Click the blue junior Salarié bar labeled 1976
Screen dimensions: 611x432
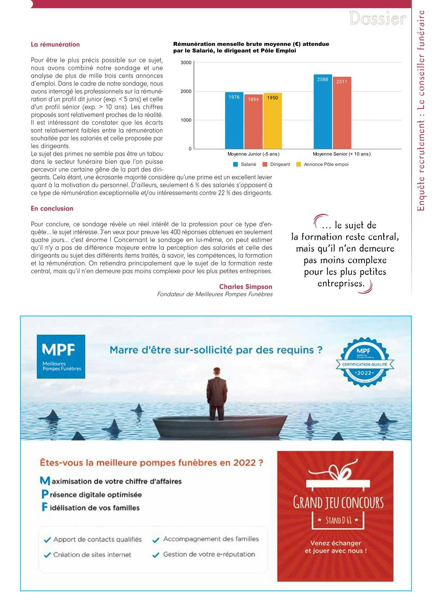click(234, 121)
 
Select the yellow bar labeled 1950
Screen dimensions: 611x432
click(273, 121)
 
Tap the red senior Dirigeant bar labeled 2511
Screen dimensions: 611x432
click(342, 113)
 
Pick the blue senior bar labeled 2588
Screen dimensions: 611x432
click(323, 111)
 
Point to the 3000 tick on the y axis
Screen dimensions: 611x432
click(186, 63)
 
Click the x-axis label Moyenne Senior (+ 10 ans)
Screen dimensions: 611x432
click(342, 154)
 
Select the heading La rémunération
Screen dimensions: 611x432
click(55, 45)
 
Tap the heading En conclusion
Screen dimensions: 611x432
click(52, 208)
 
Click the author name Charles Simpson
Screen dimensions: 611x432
click(245, 286)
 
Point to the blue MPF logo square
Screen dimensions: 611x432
click(61, 357)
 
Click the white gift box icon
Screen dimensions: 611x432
click(335, 478)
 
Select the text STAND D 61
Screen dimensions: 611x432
click(338, 520)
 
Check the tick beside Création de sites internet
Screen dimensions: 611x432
click(47, 555)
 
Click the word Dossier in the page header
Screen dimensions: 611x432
click(377, 19)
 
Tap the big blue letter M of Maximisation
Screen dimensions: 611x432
click(45, 481)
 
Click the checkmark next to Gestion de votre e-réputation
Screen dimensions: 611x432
click(156, 555)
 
